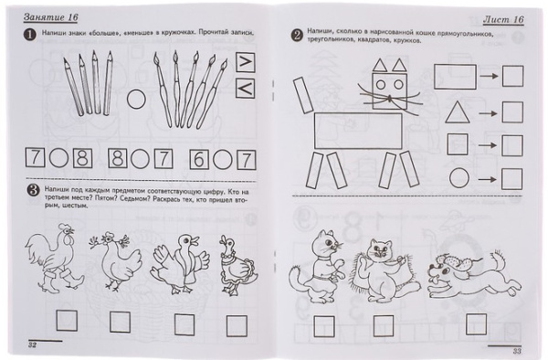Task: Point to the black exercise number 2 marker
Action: click(297, 37)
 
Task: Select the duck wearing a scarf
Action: click(177, 266)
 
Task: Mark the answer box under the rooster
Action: click(66, 321)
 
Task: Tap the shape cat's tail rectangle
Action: click(300, 96)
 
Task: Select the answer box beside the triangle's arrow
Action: click(512, 113)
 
